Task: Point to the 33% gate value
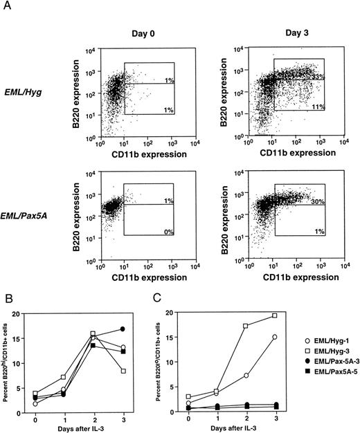coord(317,75)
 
